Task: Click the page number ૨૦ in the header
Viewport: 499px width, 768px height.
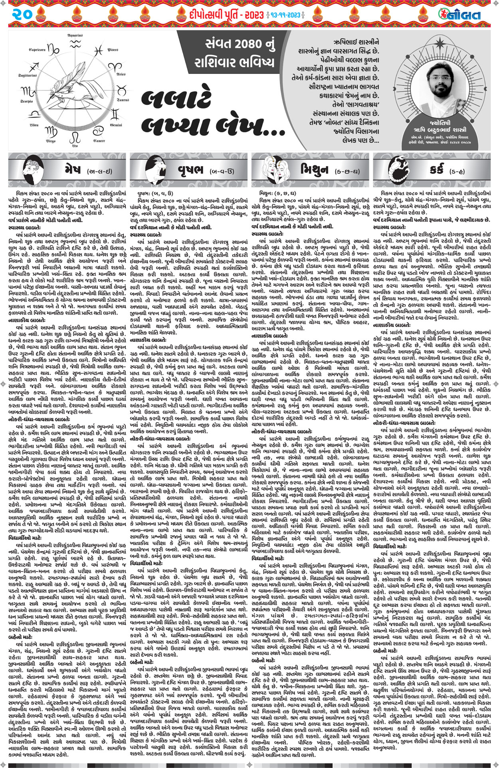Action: coord(28,15)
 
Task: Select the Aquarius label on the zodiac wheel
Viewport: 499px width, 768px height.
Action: coord(75,35)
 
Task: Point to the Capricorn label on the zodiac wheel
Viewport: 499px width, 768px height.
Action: coord(37,50)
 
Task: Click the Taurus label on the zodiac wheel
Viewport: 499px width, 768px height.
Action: coord(123,100)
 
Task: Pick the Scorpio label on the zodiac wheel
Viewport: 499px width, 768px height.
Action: coord(26,101)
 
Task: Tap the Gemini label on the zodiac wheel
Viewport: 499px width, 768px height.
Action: coord(116,125)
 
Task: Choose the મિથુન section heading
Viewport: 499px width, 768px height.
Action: coord(314,170)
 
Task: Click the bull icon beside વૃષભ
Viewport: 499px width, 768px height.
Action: coord(148,169)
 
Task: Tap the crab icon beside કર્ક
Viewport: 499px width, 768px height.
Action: coord(391,169)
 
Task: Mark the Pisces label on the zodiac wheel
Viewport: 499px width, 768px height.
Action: coord(113,50)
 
